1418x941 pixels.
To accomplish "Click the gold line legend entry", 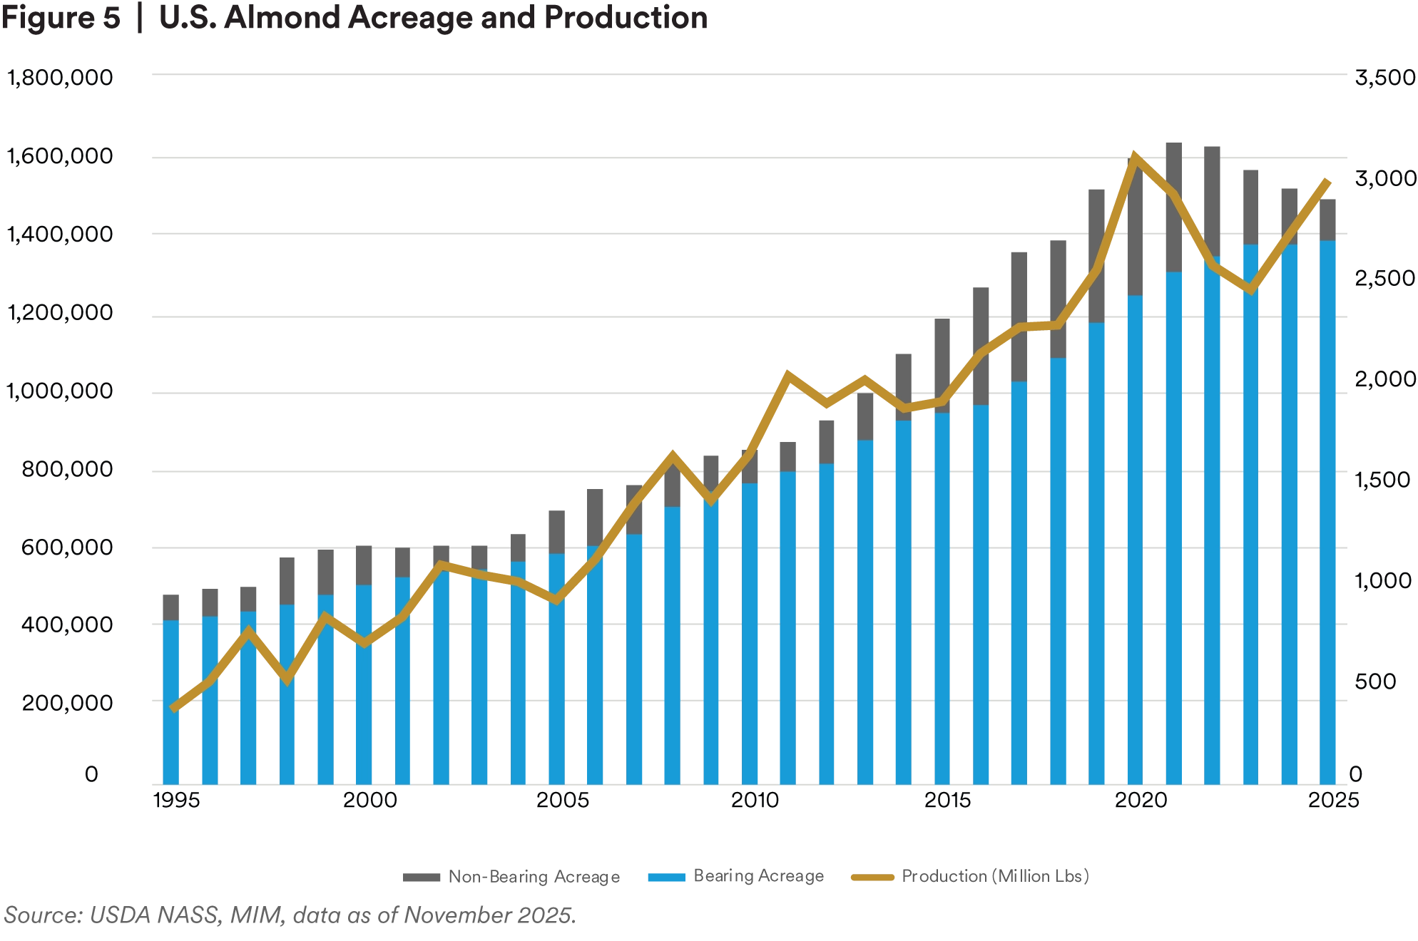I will click(970, 878).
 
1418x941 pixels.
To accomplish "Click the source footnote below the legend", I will click(289, 914).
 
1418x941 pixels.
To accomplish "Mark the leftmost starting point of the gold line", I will click(173, 708).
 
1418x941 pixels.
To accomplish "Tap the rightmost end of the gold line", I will click(1327, 181).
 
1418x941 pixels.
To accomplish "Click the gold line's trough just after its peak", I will click(1250, 289).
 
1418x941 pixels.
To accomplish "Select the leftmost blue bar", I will click(171, 702).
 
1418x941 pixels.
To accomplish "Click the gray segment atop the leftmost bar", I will click(171, 607).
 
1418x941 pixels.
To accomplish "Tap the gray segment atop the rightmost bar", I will click(1328, 217).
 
